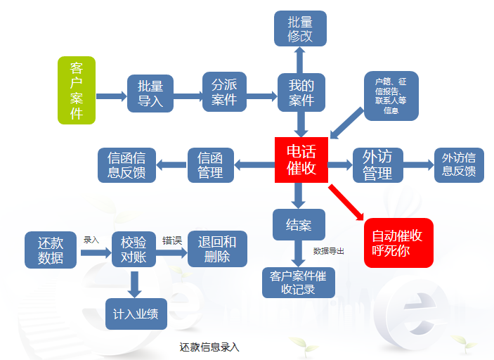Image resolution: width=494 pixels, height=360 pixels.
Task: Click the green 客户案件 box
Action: [76, 91]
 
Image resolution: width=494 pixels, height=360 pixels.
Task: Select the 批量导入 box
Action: [150, 94]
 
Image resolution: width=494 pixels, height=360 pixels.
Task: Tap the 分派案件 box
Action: [225, 92]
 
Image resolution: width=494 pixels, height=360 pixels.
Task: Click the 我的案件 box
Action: [301, 92]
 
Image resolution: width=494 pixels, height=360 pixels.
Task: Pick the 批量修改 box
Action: [300, 29]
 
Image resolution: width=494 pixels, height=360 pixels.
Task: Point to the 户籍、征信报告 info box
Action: [391, 96]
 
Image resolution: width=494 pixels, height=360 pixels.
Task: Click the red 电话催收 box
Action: [301, 160]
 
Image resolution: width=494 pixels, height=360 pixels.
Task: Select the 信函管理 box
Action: [210, 165]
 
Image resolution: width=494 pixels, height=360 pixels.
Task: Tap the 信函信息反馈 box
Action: [126, 165]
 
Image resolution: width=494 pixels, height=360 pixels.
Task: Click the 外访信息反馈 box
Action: [459, 165]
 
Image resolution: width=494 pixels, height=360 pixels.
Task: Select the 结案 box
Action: [299, 226]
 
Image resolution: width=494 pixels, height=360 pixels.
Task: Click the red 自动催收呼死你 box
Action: [398, 242]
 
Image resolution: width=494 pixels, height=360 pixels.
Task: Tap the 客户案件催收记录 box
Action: [299, 283]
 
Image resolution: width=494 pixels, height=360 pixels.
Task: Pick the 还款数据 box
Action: [51, 250]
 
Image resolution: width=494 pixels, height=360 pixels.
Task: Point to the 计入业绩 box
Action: [136, 314]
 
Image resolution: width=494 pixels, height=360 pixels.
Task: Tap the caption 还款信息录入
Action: [209, 347]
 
